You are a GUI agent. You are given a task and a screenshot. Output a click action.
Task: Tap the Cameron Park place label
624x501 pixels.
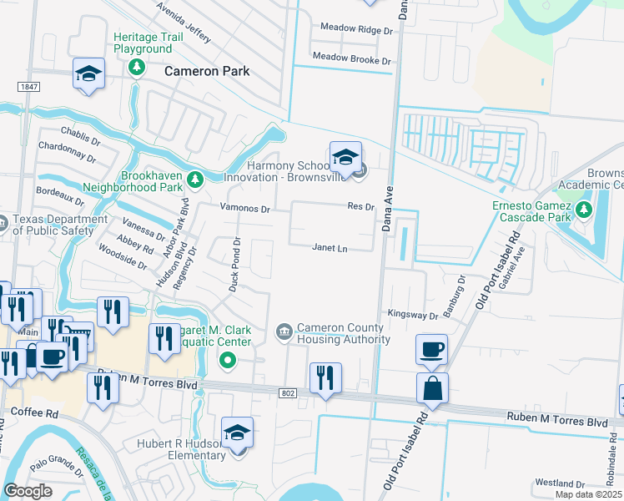207,71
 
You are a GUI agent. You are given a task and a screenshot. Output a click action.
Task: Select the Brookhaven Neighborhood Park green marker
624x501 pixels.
194,179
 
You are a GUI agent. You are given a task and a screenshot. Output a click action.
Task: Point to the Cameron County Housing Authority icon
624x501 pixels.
284,332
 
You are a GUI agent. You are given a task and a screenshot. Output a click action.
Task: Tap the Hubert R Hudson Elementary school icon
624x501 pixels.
238,433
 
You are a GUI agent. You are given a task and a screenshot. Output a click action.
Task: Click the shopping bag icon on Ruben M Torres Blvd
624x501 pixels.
432,389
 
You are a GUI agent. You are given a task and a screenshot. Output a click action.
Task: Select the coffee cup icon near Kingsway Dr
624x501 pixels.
432,350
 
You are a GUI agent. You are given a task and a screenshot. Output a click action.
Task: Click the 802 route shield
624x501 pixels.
288,392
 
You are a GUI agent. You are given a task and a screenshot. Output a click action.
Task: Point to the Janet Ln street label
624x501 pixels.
330,248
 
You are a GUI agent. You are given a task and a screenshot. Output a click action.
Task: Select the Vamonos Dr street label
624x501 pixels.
244,209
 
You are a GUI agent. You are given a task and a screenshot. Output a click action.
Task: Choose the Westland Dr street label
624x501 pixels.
560,483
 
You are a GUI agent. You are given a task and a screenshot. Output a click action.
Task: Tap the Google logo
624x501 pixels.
28,491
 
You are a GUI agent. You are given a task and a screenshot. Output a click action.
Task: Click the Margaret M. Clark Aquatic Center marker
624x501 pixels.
226,360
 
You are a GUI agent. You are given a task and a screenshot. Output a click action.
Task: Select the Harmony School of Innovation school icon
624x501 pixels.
345,156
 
